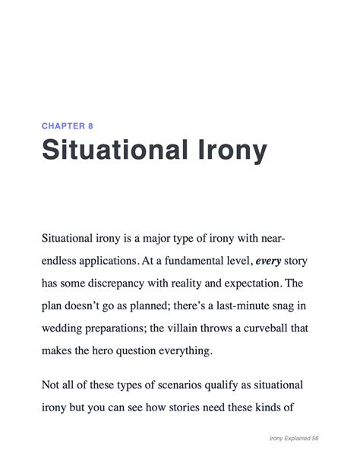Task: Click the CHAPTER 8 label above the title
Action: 68,125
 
